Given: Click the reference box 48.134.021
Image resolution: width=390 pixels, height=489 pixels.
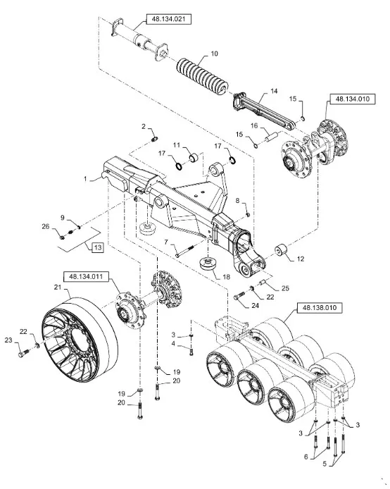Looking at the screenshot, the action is (168, 19).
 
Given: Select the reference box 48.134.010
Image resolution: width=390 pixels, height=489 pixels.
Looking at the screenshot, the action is (352, 99).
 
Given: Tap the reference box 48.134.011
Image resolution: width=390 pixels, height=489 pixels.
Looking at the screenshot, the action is (87, 277).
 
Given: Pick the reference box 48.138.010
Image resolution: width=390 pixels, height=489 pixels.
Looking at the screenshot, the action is (320, 308).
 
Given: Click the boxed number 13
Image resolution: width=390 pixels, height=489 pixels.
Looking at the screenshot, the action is (98, 247).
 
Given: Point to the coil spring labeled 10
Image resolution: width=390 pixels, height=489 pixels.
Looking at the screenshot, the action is (203, 77).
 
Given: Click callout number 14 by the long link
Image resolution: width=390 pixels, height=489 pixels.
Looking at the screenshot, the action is (274, 91).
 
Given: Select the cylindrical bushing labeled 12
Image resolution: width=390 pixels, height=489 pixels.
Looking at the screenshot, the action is (282, 251).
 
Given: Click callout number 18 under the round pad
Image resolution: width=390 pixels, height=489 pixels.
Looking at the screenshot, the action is (226, 277).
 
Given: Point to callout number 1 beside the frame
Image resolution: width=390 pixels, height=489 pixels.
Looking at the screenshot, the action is (85, 179).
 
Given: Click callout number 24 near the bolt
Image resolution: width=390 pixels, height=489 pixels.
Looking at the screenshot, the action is (255, 306).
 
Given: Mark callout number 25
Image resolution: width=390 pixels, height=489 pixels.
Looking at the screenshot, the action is (285, 288).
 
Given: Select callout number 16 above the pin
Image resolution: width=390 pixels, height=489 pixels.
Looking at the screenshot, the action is (254, 125).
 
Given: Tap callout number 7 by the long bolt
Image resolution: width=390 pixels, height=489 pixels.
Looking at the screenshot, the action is (166, 242).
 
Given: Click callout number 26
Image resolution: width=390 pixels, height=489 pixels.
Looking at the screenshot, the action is (46, 226).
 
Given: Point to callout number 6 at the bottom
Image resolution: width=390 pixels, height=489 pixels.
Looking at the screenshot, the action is (306, 457).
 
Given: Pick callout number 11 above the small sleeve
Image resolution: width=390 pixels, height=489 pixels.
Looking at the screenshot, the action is (177, 145).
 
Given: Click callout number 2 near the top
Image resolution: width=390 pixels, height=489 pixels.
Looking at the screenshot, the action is (144, 126).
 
